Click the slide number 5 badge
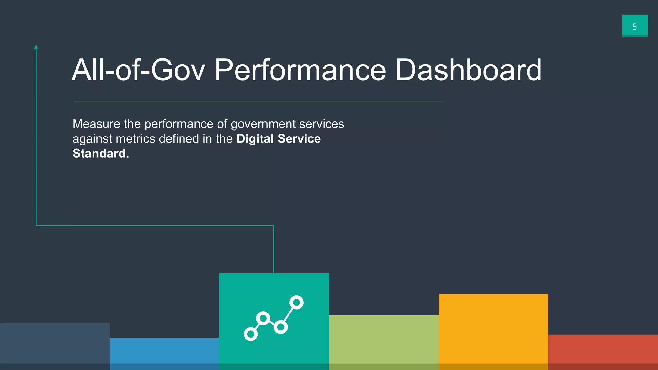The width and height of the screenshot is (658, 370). pyautogui.click(x=635, y=26)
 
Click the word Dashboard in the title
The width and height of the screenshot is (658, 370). pyautogui.click(x=468, y=70)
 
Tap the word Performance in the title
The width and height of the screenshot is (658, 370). pyautogui.click(x=300, y=70)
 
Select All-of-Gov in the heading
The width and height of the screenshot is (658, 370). pyautogui.click(x=138, y=70)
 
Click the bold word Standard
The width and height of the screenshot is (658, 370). pyautogui.click(x=99, y=154)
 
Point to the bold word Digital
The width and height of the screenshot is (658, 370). pyautogui.click(x=255, y=139)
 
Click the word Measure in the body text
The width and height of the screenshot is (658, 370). pyautogui.click(x=96, y=124)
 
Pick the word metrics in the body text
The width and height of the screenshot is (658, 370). pyautogui.click(x=135, y=139)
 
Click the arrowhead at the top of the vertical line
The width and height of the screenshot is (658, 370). pyautogui.click(x=36, y=47)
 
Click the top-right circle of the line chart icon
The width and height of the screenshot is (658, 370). pyautogui.click(x=296, y=303)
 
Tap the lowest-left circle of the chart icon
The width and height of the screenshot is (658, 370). pyautogui.click(x=251, y=334)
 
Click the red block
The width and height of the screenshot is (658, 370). pyautogui.click(x=603, y=352)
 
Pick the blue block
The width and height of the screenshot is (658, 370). pyautogui.click(x=164, y=353)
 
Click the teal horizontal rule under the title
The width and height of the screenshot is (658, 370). pyautogui.click(x=257, y=101)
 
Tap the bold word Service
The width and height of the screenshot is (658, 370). pyautogui.click(x=299, y=139)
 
